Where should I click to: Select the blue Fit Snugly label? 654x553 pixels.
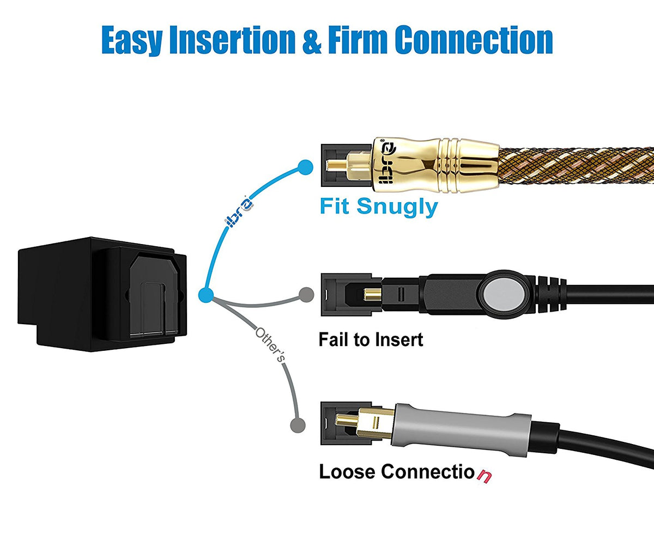378,207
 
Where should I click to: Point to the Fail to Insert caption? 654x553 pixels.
371,340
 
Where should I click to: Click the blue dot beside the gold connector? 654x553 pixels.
306,167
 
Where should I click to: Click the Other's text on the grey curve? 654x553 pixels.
269,345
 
